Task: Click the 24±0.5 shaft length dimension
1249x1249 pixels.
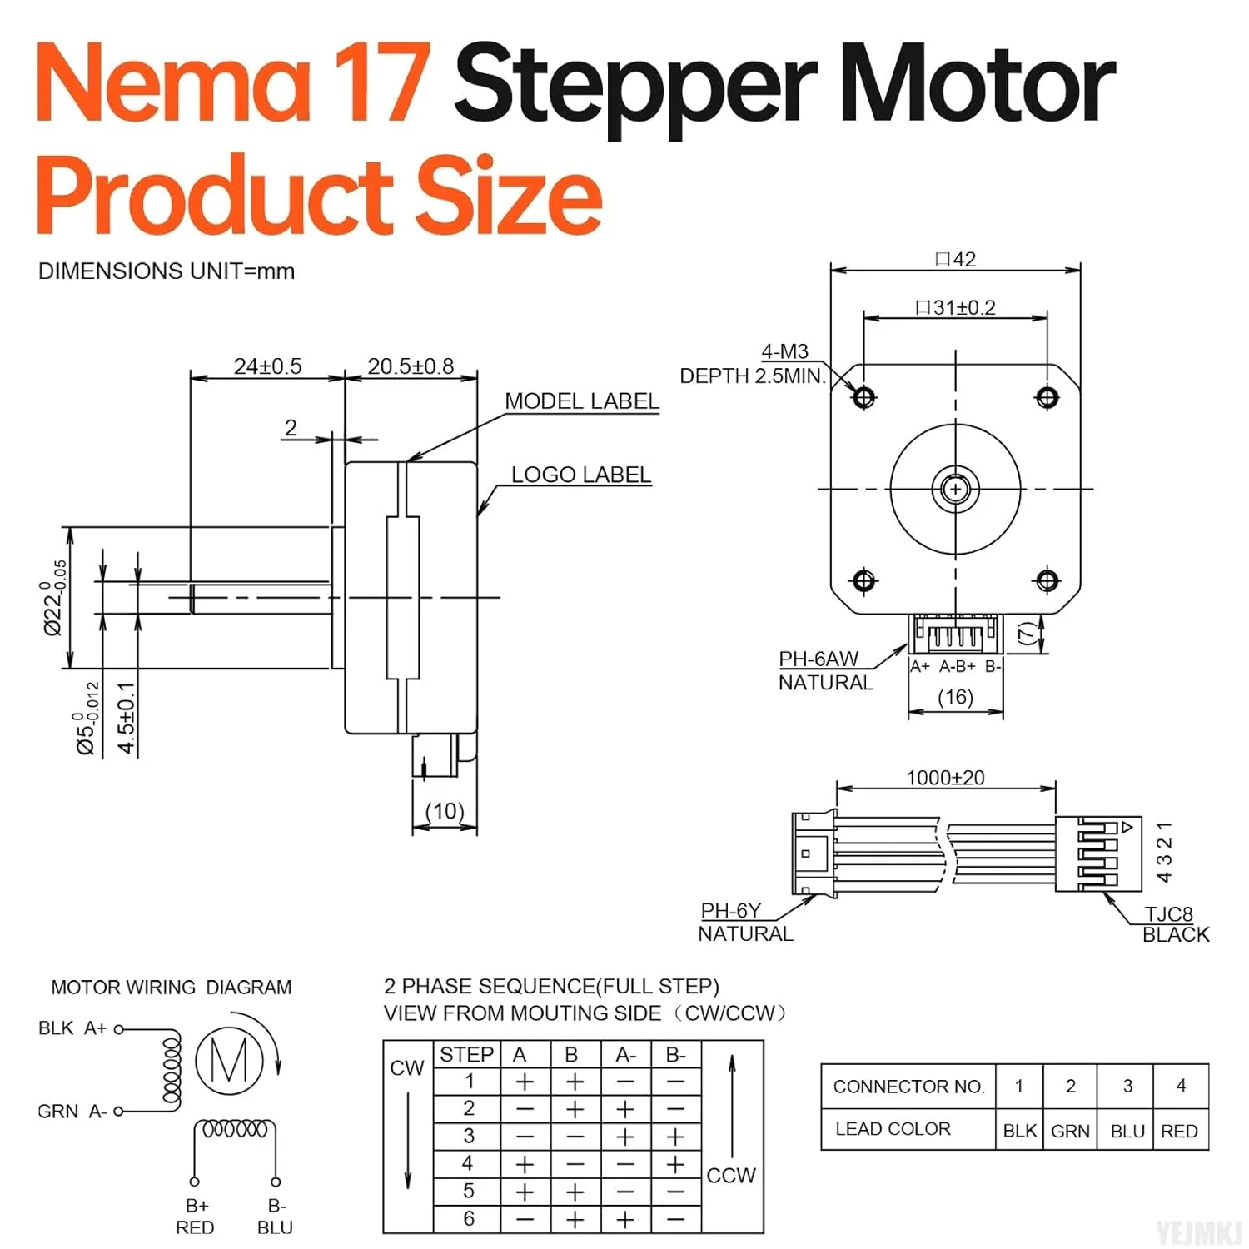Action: (x=267, y=366)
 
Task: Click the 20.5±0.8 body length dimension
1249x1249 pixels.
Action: (x=411, y=366)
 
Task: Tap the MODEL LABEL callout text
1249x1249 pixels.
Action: (x=581, y=401)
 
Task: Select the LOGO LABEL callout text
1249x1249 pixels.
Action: (x=580, y=475)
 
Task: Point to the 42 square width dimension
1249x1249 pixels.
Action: (x=956, y=260)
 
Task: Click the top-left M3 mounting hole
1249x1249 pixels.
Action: (x=863, y=397)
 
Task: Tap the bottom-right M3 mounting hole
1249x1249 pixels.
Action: (x=1047, y=580)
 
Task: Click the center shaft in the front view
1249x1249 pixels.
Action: (x=955, y=489)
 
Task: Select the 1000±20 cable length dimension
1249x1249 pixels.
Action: (x=945, y=778)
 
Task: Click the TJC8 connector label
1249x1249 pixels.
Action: (x=1169, y=914)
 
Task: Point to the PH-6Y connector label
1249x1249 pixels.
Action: (x=730, y=911)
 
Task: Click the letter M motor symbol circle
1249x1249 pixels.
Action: (x=229, y=1061)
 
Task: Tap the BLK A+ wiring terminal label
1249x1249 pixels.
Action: (x=72, y=1028)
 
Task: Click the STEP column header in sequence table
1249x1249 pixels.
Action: (x=466, y=1055)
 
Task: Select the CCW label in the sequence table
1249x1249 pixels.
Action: (x=731, y=1176)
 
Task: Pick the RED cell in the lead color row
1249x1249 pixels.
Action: (x=1179, y=1131)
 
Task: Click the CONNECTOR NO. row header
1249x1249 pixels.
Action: (x=908, y=1087)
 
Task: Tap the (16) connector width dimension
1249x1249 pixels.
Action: (x=955, y=697)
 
